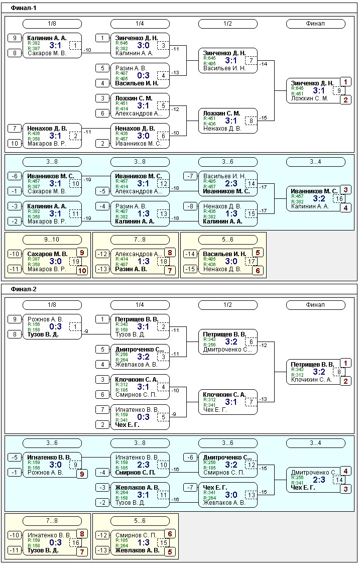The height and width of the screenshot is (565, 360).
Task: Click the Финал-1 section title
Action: pos(24,9)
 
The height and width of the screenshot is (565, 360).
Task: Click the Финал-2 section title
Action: pos(24,289)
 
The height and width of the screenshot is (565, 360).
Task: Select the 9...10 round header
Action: pos(52,240)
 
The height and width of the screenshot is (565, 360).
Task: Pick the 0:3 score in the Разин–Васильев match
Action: pos(143,75)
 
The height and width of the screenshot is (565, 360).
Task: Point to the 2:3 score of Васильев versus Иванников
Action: pos(231,183)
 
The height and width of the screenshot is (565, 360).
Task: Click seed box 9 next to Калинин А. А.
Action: pos(15,38)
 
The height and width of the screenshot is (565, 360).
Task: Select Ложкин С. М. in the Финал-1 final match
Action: pos(310,98)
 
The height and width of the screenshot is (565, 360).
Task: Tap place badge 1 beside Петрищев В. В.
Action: pos(345,363)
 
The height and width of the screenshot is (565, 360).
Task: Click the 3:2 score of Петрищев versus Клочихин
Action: pos(319,372)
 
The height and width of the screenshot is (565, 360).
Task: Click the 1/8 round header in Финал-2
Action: pos(52,305)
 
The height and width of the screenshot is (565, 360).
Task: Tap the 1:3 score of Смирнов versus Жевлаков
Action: pos(143,542)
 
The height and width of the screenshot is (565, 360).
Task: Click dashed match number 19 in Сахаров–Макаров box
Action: pos(75,262)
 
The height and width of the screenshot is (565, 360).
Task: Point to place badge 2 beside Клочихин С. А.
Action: pos(345,381)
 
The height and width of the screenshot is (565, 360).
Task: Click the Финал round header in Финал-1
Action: pos(315,24)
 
